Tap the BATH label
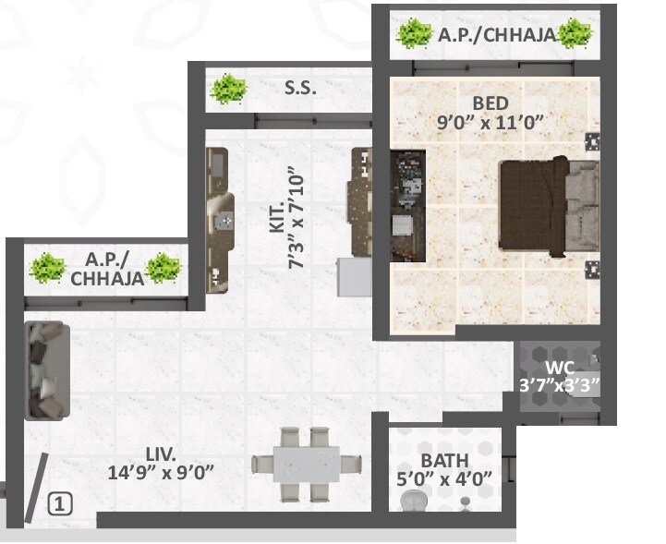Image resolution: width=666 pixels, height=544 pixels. (444, 460)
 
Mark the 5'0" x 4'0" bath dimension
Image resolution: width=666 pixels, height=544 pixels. (445, 478)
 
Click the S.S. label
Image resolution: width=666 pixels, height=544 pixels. (300, 90)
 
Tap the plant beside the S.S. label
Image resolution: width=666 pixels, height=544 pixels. (228, 90)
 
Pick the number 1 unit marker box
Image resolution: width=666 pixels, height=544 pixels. (58, 504)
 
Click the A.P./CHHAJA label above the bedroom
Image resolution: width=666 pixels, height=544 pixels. (497, 35)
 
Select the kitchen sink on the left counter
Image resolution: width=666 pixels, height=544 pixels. (224, 221)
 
